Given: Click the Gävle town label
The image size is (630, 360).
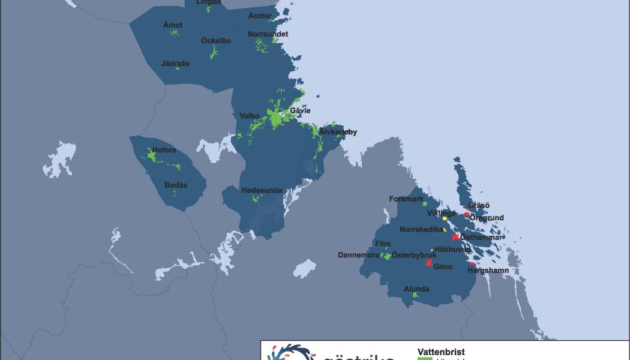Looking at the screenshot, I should point(300,111).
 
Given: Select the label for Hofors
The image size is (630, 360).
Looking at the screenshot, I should point(164,151).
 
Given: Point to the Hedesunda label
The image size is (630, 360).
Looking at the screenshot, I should point(262,191).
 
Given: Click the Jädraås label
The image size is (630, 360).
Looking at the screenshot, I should point(175,63).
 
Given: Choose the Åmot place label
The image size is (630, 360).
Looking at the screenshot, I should point(173,25).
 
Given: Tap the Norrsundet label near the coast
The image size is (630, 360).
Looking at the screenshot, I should point(268,34).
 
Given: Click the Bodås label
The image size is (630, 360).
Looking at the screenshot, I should point(176,185).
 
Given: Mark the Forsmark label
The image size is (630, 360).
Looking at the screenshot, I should point(406,199).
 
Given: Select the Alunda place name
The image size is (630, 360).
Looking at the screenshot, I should point(416,289).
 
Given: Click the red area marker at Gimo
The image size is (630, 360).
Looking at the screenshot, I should point(428,262).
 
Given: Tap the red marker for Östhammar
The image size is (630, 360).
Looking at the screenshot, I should point(456,237).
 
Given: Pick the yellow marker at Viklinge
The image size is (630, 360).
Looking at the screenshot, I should point(445,218).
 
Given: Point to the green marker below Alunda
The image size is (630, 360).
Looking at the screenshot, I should point(415,295).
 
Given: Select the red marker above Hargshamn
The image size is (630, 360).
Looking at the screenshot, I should point(472,263).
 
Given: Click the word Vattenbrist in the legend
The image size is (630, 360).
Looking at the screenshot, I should point(441,352).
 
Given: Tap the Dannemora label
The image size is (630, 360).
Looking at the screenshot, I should point(358,255).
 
